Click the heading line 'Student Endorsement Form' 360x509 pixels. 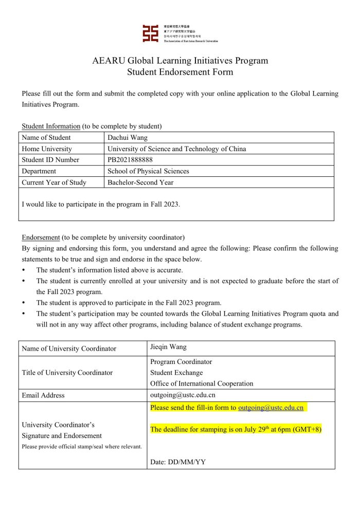click(x=180, y=72)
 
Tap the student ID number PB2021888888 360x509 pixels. click(x=130, y=159)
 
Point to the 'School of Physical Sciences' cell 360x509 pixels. click(x=148, y=171)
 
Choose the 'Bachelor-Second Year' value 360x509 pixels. click(x=140, y=183)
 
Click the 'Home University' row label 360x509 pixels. click(x=47, y=149)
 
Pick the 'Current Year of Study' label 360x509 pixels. click(x=54, y=183)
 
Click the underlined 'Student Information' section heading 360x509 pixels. click(x=51, y=126)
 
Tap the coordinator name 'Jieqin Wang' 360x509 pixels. click(x=168, y=347)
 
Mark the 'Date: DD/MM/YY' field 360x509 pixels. click(x=177, y=462)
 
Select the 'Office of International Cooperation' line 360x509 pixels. click(x=202, y=383)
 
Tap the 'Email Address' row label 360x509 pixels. click(x=43, y=395)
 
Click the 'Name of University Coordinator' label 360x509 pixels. click(x=69, y=349)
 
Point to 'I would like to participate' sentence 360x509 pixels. click(x=101, y=204)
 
